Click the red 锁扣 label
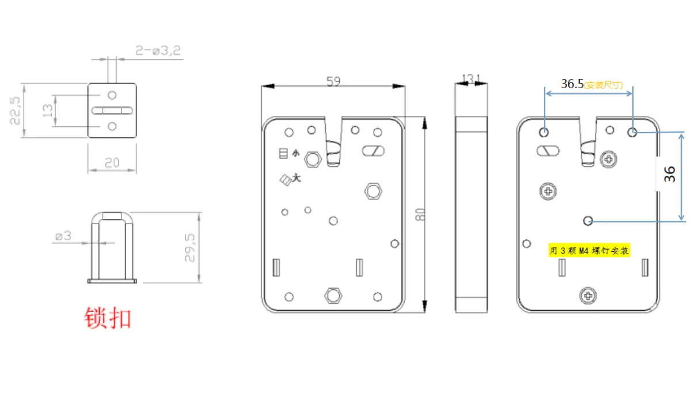click(x=108, y=318)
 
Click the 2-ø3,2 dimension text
click(x=158, y=51)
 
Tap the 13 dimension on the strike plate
click(x=49, y=110)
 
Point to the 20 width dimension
click(x=112, y=163)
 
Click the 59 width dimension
click(x=333, y=81)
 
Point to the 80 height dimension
click(x=420, y=214)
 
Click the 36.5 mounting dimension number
click(x=572, y=84)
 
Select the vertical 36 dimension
click(x=670, y=175)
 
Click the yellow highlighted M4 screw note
click(x=589, y=251)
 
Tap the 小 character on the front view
click(x=296, y=153)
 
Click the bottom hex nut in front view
click(x=333, y=295)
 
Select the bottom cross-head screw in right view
click(x=587, y=296)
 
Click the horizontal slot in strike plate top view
click(x=112, y=110)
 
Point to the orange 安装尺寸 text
click(x=603, y=85)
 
